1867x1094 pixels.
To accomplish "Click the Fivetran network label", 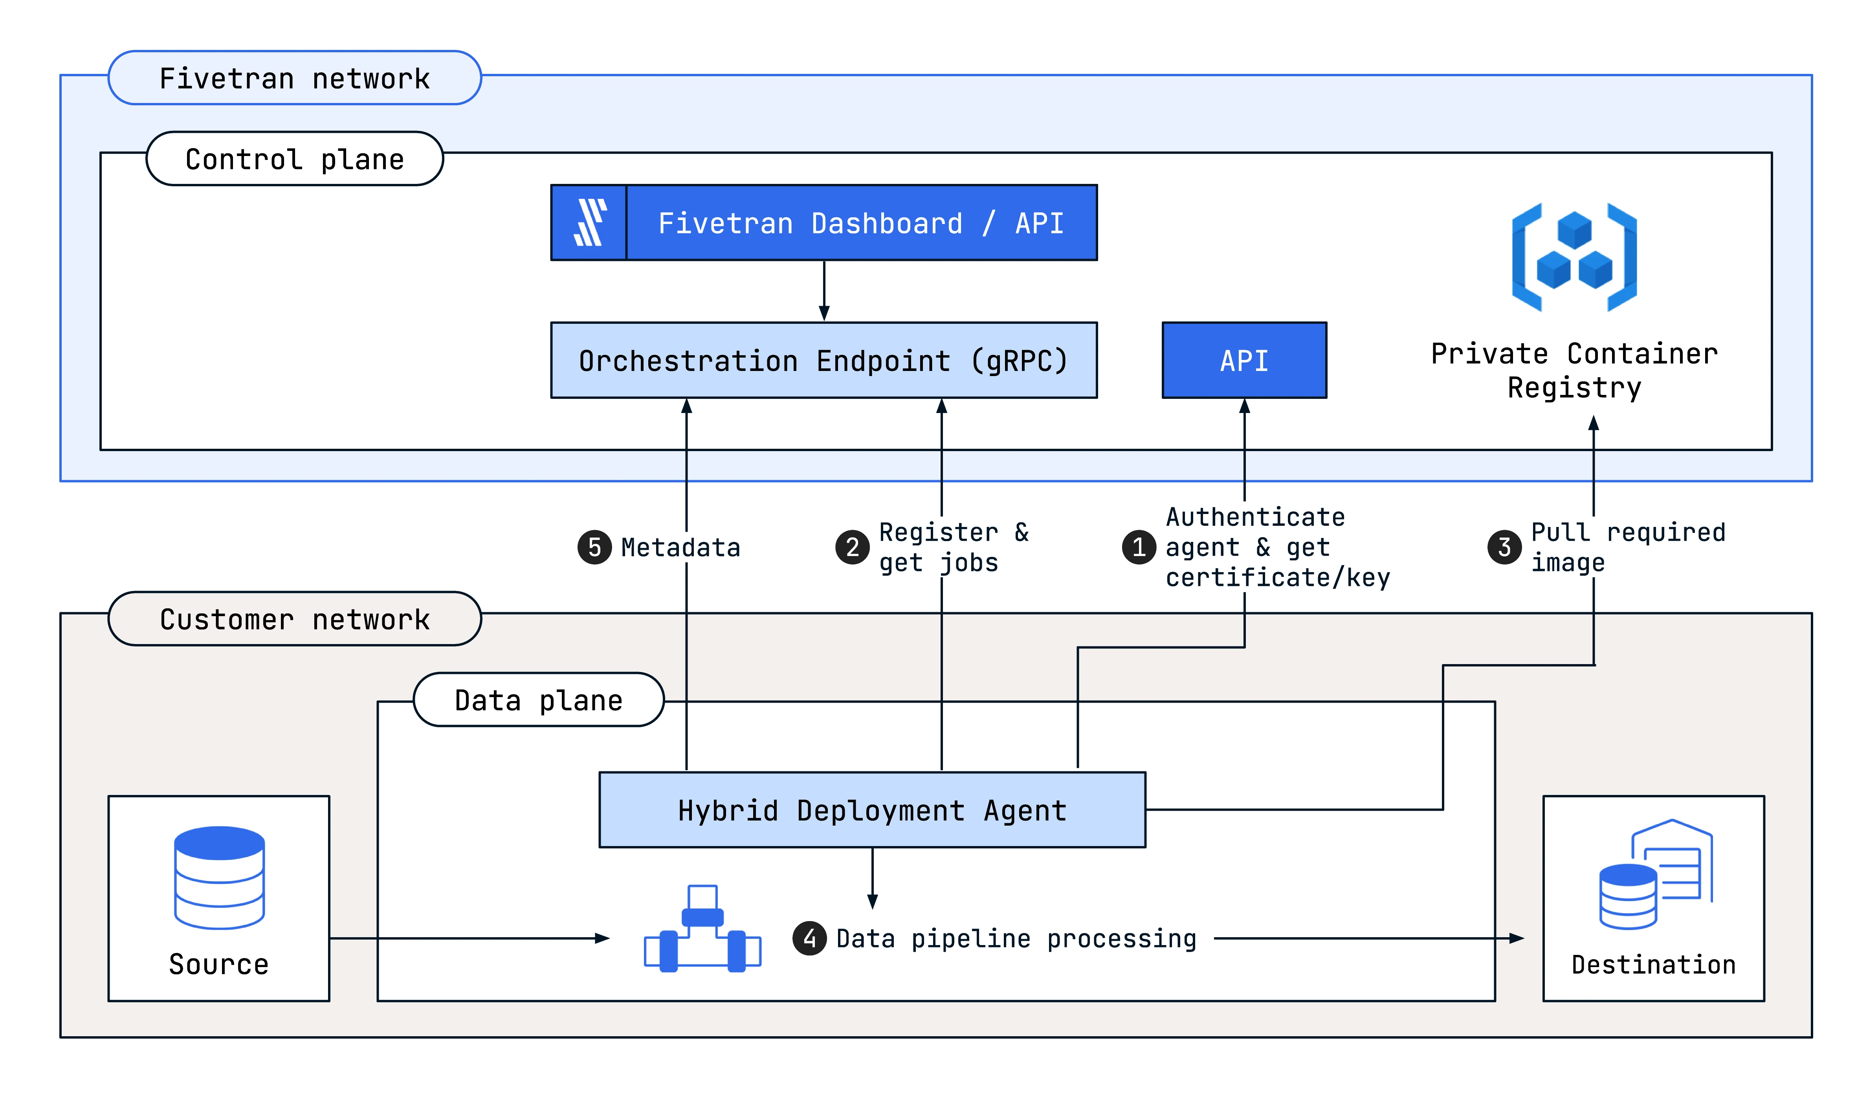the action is pos(295,78).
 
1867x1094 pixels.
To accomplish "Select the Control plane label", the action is pos(295,159).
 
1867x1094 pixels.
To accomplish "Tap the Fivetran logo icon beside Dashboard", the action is pos(590,222).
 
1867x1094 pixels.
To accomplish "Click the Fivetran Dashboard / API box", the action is pos(824,222).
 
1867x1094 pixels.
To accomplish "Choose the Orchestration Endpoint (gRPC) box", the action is pos(824,360).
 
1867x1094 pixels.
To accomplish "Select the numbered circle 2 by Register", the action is pos(853,547).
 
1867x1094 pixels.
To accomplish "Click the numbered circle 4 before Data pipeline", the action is pos(810,938).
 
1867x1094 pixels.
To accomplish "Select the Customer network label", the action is pos(295,619).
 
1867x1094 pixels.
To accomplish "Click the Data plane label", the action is pos(539,700).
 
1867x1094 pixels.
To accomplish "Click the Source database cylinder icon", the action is pos(219,877).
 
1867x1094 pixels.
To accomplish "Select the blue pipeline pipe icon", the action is pos(702,929).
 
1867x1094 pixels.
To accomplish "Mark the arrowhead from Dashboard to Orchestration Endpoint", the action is pos(824,313).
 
